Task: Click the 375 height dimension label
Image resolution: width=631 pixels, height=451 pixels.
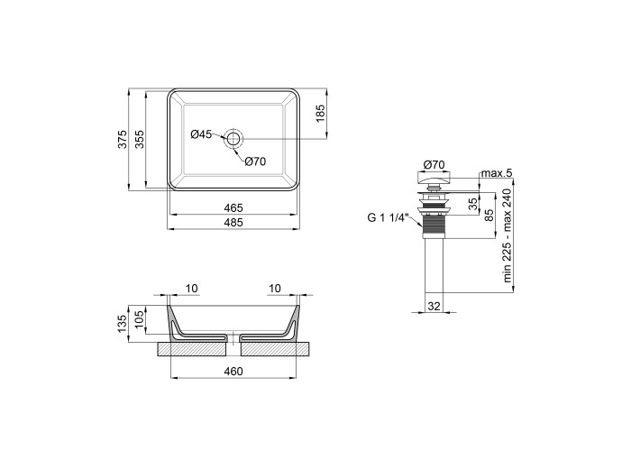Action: point(123,139)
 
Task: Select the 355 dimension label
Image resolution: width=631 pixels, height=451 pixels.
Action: point(139,139)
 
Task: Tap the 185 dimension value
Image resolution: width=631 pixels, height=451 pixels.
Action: point(320,114)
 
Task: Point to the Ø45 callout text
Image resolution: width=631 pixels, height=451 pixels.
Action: point(201,134)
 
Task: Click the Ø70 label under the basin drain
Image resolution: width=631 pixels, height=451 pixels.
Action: point(255,161)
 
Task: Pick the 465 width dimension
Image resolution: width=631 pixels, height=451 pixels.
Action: point(233,207)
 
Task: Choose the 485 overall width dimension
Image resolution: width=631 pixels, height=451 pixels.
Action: point(233,222)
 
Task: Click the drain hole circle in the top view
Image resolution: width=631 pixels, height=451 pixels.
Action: point(233,139)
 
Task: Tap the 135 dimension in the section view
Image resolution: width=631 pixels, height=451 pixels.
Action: point(123,324)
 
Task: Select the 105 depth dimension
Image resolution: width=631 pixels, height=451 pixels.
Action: point(139,319)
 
